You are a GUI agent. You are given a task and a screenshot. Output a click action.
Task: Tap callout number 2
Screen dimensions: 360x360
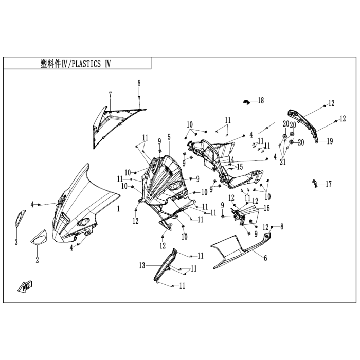[x=37, y=260]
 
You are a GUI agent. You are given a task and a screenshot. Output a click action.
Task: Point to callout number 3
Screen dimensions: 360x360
[x=16, y=242]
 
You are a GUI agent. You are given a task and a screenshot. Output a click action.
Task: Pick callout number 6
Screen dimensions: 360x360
[x=265, y=258]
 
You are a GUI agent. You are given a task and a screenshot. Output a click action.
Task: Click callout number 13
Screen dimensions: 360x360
[x=141, y=266]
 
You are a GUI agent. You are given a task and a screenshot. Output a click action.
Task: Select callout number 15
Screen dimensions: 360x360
[x=239, y=167]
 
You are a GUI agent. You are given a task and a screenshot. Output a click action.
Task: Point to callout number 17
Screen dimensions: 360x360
[x=328, y=184]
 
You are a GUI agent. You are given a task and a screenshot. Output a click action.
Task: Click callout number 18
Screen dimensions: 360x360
[x=261, y=100]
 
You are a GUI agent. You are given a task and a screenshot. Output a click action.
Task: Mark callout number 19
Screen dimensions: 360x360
[x=330, y=141]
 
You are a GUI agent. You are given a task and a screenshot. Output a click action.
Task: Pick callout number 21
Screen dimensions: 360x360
[x=282, y=163]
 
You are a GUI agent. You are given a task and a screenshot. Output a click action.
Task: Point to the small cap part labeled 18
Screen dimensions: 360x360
[x=247, y=101]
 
